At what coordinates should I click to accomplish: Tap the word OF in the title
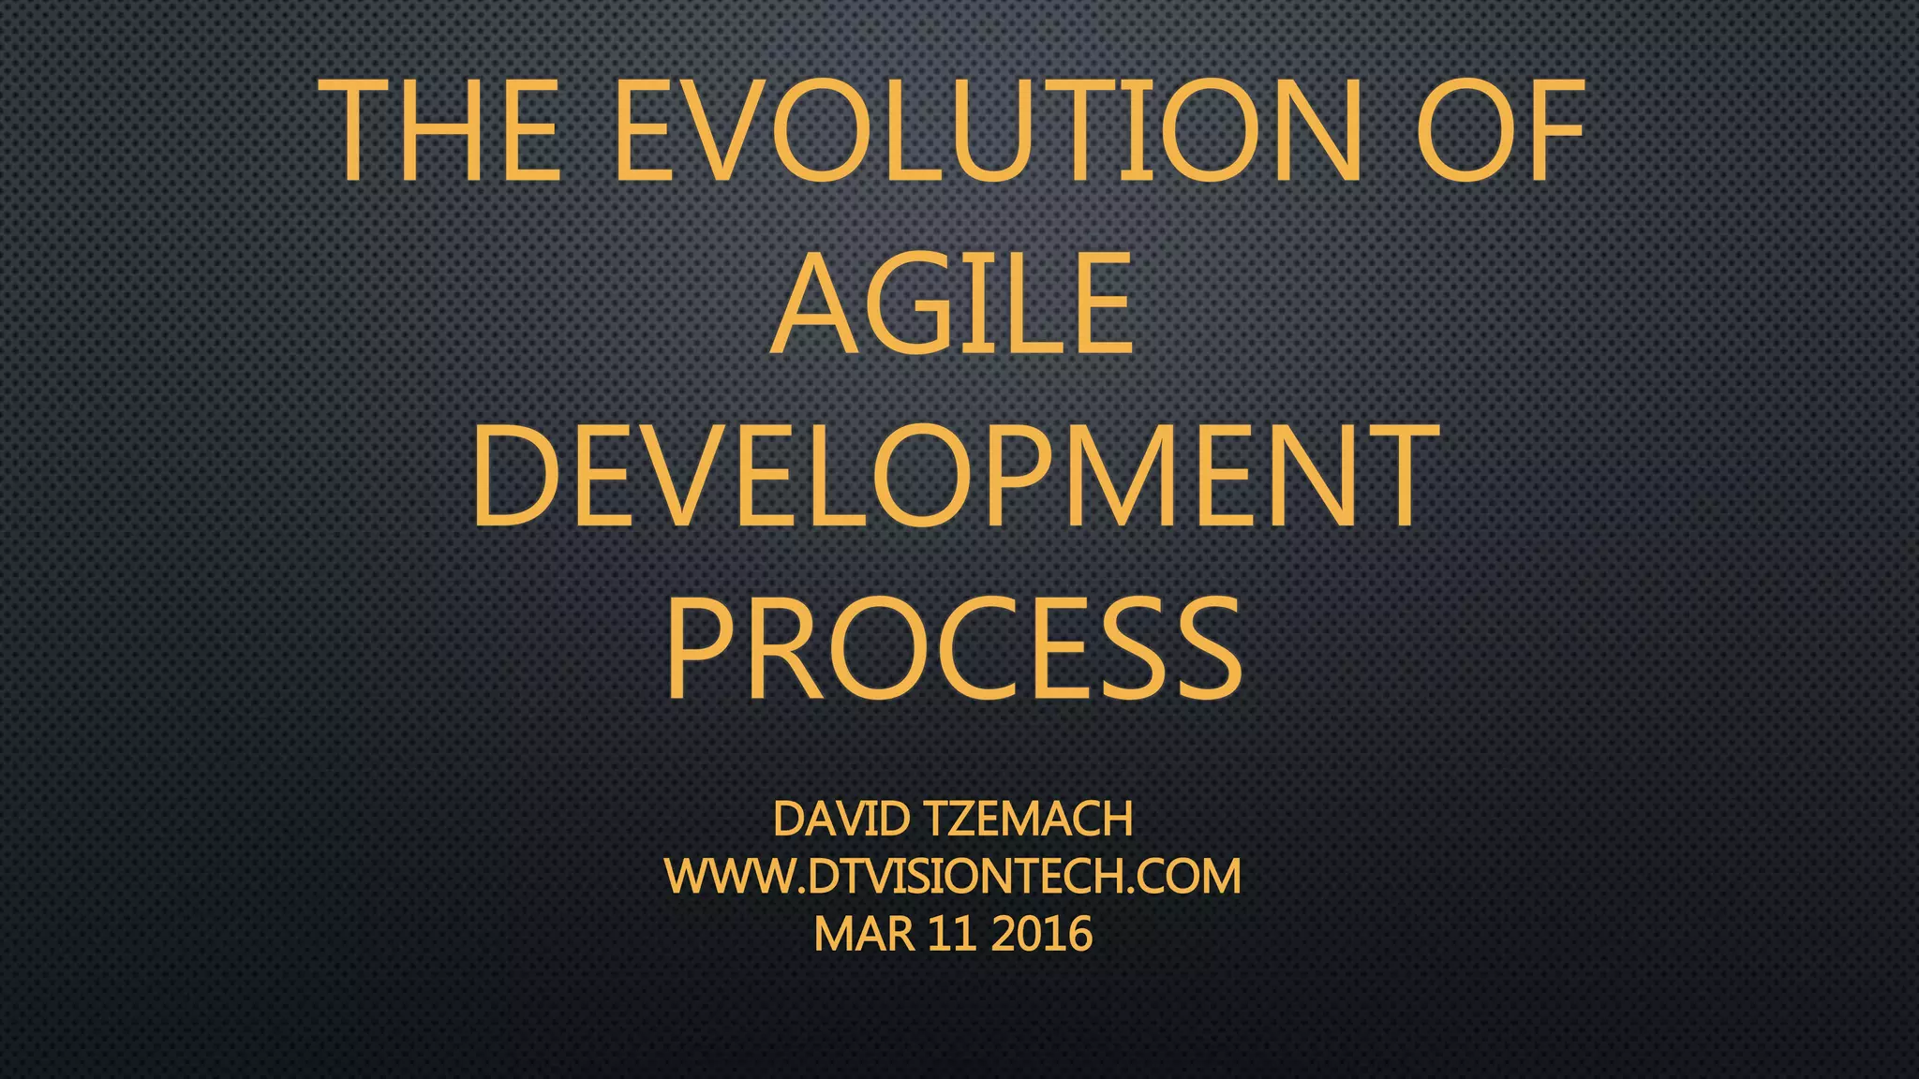tap(1499, 131)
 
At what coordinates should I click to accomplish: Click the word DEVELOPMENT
tap(956, 475)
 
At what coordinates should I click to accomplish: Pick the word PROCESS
tap(954, 649)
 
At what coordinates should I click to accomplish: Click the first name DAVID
tap(840, 820)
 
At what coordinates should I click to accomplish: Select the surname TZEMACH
tap(1029, 820)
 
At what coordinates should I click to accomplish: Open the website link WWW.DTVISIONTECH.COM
tap(953, 877)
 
